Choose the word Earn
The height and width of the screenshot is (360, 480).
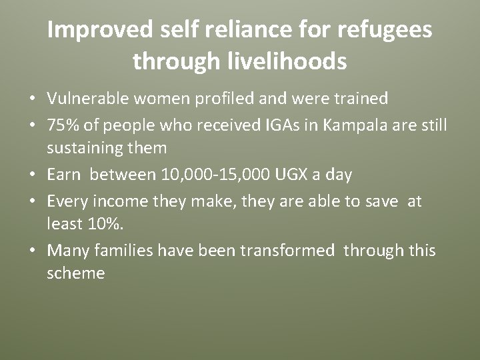click(64, 175)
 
